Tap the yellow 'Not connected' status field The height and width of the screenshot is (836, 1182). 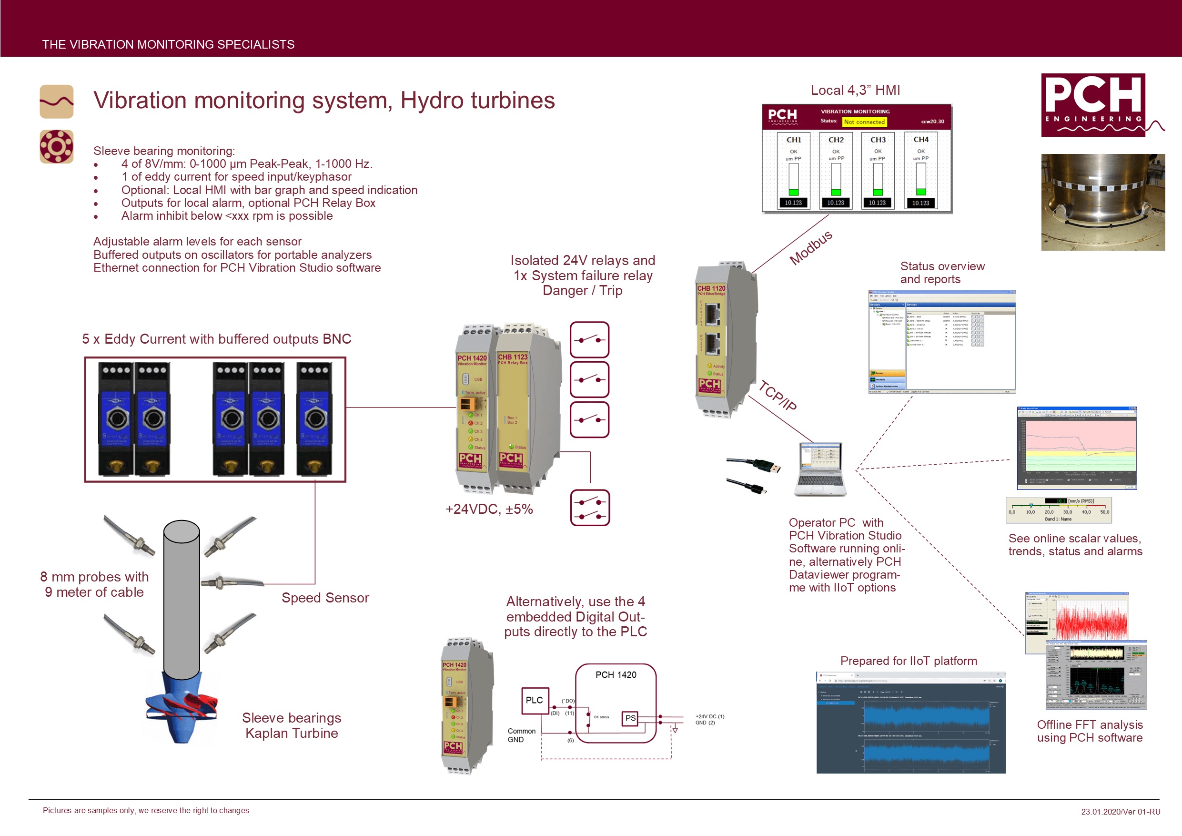(x=864, y=122)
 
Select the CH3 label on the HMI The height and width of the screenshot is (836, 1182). (x=878, y=140)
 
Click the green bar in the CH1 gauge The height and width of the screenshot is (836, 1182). (x=793, y=192)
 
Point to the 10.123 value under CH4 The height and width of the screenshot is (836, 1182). (x=920, y=203)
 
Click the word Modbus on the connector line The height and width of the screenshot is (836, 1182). (x=811, y=247)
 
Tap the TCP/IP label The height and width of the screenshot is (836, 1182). (x=778, y=396)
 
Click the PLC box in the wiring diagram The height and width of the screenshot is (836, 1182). (x=535, y=700)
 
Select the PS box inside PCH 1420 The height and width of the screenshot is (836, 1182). (x=630, y=718)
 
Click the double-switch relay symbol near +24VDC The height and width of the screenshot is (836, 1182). (x=590, y=508)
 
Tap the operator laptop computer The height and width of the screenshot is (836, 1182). (x=820, y=469)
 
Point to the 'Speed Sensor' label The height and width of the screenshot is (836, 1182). (x=325, y=598)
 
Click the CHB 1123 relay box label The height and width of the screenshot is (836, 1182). (x=512, y=357)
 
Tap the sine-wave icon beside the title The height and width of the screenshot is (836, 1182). (x=57, y=102)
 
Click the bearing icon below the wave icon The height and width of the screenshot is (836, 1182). (x=57, y=147)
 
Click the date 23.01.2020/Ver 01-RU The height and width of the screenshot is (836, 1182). (x=1120, y=811)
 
